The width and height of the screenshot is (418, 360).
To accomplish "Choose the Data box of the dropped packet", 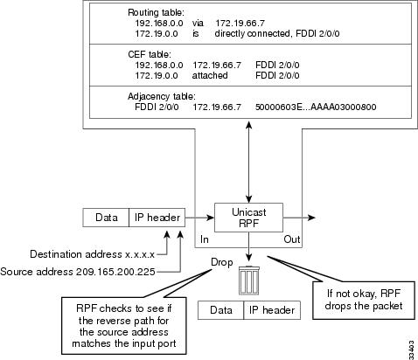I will [220, 310].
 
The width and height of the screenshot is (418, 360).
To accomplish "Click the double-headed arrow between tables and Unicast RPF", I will [249, 161].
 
